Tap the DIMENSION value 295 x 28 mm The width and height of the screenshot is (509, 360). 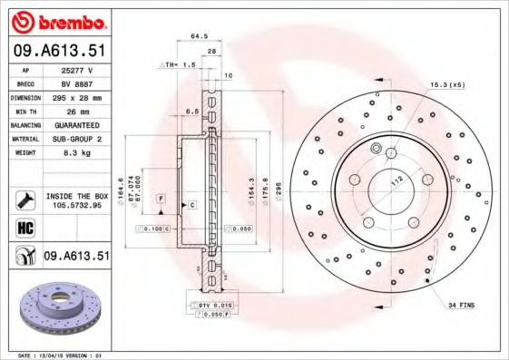pos(77,96)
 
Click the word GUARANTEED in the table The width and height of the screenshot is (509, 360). pos(77,124)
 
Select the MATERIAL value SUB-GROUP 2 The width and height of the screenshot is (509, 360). pos(77,138)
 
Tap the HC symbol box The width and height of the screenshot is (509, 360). pos(26,227)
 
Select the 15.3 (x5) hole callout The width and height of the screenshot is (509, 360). pos(447,84)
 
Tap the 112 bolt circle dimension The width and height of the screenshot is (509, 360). pos(395,181)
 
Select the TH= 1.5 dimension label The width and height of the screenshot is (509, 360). pos(180,65)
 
